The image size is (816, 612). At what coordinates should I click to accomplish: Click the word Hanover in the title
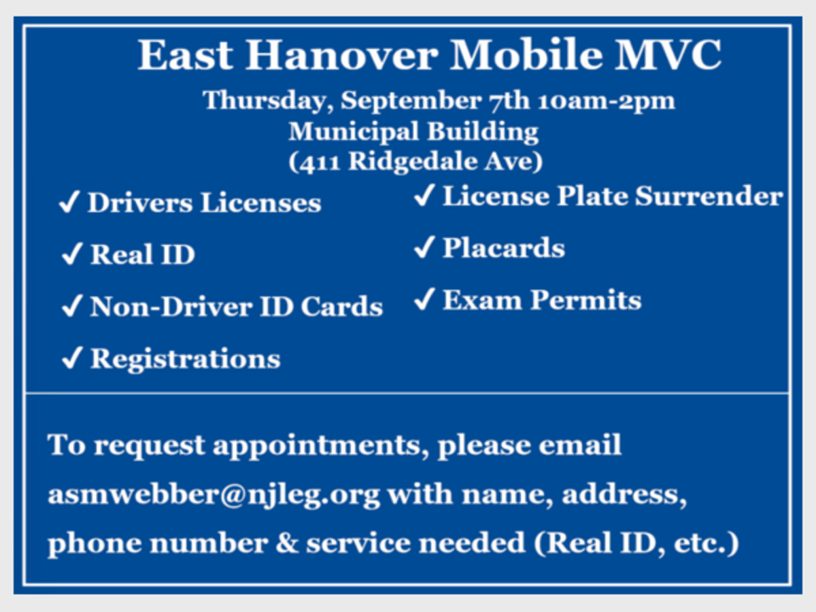tap(342, 55)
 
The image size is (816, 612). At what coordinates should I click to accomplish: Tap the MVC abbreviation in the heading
tap(668, 55)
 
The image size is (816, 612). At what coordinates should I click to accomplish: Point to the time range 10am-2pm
tap(607, 101)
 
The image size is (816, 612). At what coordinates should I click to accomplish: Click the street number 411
tap(319, 163)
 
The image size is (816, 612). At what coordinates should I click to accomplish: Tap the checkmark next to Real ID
tap(72, 254)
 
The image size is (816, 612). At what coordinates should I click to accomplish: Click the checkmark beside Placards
tap(424, 247)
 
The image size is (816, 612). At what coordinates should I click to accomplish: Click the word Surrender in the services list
tap(709, 196)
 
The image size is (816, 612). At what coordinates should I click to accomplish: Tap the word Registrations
tap(186, 359)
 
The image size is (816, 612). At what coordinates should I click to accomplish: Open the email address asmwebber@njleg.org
tap(214, 495)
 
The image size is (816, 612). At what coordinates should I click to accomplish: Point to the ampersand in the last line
tap(287, 543)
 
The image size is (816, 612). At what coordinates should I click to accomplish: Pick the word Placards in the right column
tap(504, 248)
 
